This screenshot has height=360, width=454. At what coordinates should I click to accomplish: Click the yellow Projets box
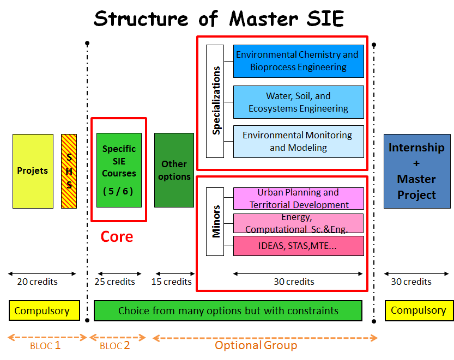click(x=33, y=171)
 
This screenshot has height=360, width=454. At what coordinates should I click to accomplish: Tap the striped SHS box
click(x=69, y=171)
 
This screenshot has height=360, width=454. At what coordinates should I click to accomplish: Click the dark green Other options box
click(x=174, y=170)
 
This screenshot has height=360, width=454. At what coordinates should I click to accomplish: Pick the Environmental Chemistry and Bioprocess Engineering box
click(x=298, y=61)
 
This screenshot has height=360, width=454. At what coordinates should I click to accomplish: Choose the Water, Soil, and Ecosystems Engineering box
click(x=298, y=102)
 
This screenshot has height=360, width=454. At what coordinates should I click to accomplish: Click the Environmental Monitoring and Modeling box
click(x=298, y=141)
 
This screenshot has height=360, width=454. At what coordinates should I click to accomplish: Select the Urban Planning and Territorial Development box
click(x=298, y=199)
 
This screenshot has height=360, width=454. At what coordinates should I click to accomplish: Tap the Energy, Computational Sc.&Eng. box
click(x=298, y=223)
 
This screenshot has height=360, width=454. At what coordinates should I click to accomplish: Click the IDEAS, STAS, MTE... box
click(x=298, y=246)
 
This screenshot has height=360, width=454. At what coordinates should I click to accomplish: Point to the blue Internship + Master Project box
click(x=417, y=171)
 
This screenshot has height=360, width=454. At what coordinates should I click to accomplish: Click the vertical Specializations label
click(x=215, y=101)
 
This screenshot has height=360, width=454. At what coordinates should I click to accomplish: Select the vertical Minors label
click(x=215, y=221)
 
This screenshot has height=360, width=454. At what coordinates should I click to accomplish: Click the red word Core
click(x=117, y=237)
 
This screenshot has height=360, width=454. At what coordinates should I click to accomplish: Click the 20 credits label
click(x=37, y=282)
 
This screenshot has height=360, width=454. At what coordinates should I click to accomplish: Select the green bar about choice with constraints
click(x=228, y=311)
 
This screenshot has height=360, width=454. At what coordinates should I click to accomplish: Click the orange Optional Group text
click(x=256, y=345)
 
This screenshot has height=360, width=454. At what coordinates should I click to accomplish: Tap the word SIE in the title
click(x=324, y=19)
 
